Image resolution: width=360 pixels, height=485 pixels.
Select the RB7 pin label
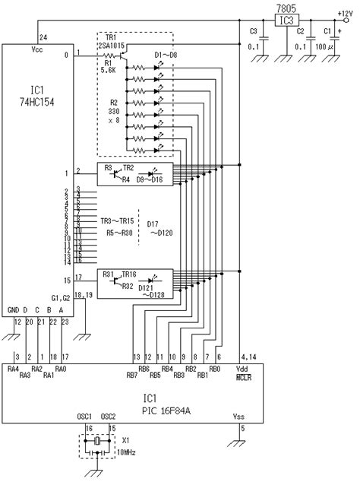point(133,376)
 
